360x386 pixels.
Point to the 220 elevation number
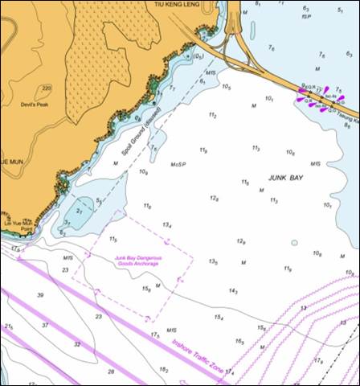coord(47,88)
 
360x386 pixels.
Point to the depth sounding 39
coord(40,295)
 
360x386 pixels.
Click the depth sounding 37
coord(45,324)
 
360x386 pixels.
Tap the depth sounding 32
coord(77,343)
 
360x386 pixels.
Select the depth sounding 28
coord(111,372)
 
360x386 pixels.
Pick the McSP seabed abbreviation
coord(178,165)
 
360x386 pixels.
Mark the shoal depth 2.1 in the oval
coord(80,211)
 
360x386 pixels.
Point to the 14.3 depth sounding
coord(233,291)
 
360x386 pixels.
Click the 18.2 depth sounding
coord(164,370)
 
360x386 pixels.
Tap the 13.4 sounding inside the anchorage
coord(167,225)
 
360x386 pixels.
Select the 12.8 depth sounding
coord(215,198)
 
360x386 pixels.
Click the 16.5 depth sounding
coord(239,341)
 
